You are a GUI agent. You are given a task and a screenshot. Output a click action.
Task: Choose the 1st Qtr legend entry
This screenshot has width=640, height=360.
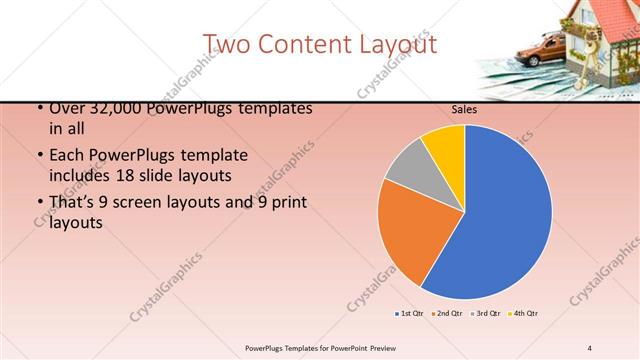(x=410, y=314)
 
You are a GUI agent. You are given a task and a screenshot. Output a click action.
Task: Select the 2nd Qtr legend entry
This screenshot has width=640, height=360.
(x=448, y=314)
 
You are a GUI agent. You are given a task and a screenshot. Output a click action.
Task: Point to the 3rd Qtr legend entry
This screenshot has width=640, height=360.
(x=485, y=314)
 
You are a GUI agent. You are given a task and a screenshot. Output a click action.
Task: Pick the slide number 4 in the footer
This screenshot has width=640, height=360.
(x=590, y=347)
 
